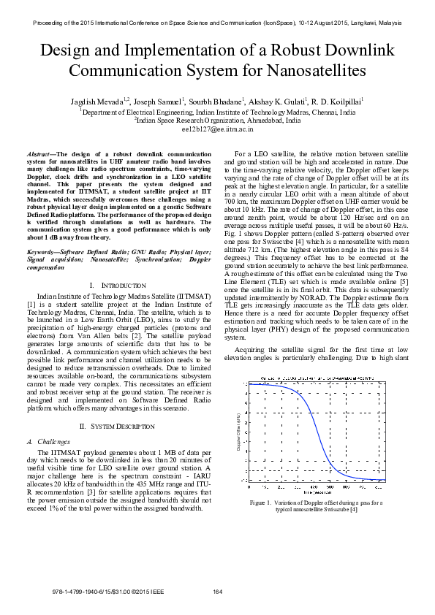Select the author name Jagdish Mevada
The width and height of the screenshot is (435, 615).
point(99,102)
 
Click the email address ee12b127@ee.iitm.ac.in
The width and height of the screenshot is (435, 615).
point(217,128)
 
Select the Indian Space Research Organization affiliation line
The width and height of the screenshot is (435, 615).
point(217,120)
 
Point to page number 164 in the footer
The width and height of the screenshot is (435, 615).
point(217,591)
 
